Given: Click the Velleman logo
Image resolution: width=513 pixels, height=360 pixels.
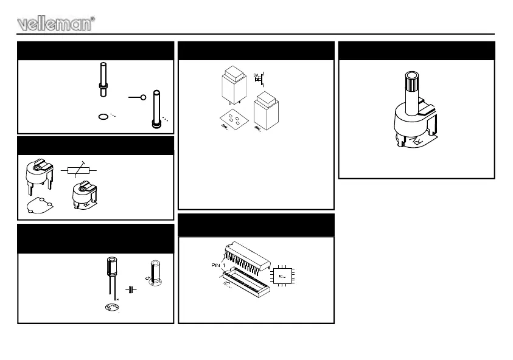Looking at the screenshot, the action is pos(57,24).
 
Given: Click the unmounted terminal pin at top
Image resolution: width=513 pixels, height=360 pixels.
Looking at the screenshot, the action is pos(102,78).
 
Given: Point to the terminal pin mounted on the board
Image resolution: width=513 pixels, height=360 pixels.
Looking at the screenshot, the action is pos(157,109).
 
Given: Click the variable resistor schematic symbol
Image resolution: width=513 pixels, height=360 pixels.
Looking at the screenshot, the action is pos(80,170).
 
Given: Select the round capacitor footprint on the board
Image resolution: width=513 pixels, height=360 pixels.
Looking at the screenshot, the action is pos(111,309).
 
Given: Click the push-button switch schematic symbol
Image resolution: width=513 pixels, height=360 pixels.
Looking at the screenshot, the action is pos(258,78).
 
